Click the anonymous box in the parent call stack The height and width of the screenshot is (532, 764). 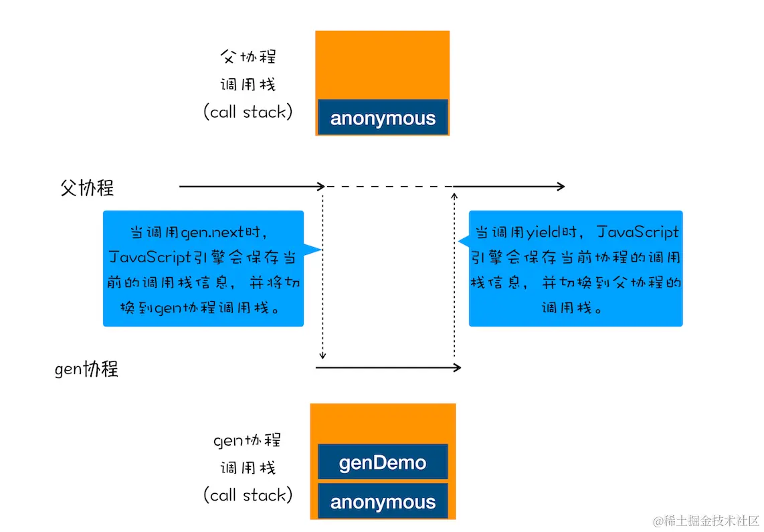pos(383,118)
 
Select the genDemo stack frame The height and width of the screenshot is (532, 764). pos(383,462)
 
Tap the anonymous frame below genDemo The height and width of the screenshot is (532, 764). pos(383,501)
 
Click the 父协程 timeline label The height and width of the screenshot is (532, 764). pos(87,188)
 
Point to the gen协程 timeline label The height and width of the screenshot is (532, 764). pos(86,369)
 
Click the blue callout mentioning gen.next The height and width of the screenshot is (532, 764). pos(203,268)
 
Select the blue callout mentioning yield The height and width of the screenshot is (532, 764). pos(575,268)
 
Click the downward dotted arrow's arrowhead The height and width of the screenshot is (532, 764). pos(323,355)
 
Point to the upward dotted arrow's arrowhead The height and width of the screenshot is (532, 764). pos(454,196)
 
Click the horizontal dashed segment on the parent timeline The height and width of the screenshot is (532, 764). pos(389,187)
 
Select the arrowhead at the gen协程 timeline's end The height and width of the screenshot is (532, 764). pos(458,367)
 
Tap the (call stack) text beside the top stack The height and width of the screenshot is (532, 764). pos(248,112)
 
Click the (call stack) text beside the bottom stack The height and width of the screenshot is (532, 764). pos(248,495)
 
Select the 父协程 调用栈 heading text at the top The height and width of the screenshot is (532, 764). pos(248,70)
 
